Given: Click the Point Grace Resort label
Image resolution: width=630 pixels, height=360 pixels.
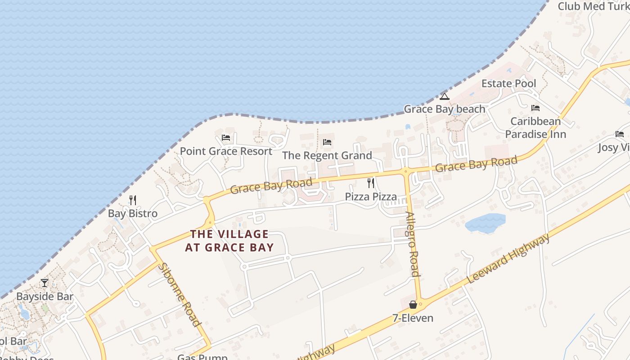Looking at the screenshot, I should (226, 151).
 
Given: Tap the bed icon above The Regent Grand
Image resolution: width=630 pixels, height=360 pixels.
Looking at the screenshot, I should (327, 142).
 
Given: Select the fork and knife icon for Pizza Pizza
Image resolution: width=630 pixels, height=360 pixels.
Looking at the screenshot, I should (371, 183).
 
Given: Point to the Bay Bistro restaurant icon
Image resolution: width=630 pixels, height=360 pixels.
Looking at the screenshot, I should (133, 200).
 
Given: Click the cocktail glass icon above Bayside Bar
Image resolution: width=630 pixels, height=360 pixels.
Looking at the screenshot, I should (45, 283).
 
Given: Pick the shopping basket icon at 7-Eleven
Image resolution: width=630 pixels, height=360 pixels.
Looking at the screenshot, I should (413, 305).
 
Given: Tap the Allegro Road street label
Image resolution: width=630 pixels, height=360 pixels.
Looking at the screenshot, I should (413, 244).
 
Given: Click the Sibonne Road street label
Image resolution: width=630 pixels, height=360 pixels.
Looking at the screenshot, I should (179, 294).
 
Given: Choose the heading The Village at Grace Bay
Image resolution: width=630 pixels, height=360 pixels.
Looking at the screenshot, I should (229, 241).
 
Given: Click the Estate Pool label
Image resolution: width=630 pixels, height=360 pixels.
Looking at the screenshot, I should (508, 84).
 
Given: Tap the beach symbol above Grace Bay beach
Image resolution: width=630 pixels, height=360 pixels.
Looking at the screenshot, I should (445, 96).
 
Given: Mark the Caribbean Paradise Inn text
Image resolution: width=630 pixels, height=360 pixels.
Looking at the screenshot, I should (535, 128).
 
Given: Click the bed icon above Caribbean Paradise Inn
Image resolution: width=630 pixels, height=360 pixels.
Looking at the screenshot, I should (535, 108).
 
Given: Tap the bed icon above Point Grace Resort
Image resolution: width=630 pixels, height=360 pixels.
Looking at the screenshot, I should (226, 138).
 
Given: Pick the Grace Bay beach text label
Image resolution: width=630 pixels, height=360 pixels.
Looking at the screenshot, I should (445, 109).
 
